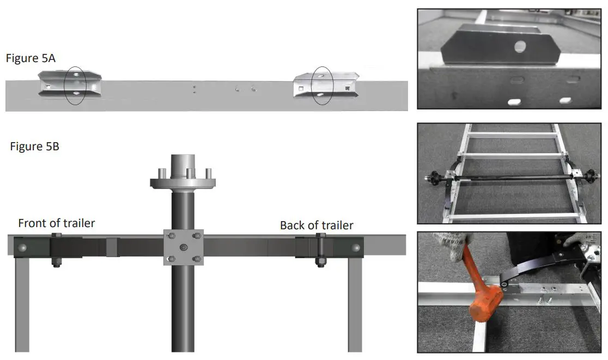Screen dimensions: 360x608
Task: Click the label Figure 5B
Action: pyautogui.click(x=35, y=147)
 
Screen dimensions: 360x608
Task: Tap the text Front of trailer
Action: pyautogui.click(x=57, y=223)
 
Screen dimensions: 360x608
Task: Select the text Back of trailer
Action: pyautogui.click(x=317, y=225)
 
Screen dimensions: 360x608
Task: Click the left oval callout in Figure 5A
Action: pyautogui.click(x=75, y=86)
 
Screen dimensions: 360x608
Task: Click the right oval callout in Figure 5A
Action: pyautogui.click(x=321, y=86)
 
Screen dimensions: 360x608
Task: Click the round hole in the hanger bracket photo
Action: pyautogui.click(x=520, y=48)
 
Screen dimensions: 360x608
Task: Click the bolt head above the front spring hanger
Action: pyautogui.click(x=56, y=236)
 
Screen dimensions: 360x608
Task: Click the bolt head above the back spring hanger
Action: pyautogui.click(x=321, y=236)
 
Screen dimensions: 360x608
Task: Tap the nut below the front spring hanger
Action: pyautogui.click(x=56, y=264)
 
